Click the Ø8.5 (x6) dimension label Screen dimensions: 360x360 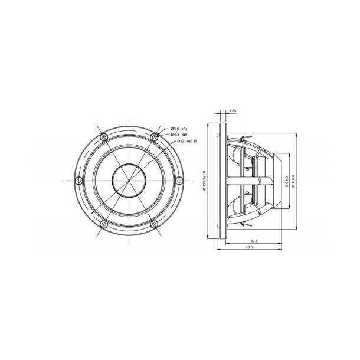click(179, 129)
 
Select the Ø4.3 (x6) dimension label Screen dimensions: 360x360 click(179, 135)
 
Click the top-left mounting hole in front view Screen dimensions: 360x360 click(104, 137)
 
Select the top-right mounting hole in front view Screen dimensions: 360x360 click(153, 137)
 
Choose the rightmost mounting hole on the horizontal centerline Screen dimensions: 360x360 click(178, 180)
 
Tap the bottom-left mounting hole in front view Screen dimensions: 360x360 click(104, 223)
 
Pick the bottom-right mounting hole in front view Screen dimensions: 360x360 click(153, 223)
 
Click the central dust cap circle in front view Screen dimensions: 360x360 click(129, 180)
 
